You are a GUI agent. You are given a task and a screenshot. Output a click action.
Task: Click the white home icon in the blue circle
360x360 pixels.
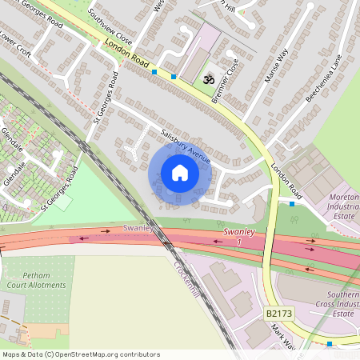point(180,173)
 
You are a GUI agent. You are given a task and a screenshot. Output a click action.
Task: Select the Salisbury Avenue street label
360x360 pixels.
point(185,146)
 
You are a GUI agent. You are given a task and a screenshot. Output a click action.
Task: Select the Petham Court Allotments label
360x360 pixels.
point(32,284)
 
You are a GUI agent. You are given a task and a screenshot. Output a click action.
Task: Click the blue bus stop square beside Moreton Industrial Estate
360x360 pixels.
point(292,204)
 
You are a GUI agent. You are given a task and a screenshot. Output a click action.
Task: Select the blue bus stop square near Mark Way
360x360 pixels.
point(330,344)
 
